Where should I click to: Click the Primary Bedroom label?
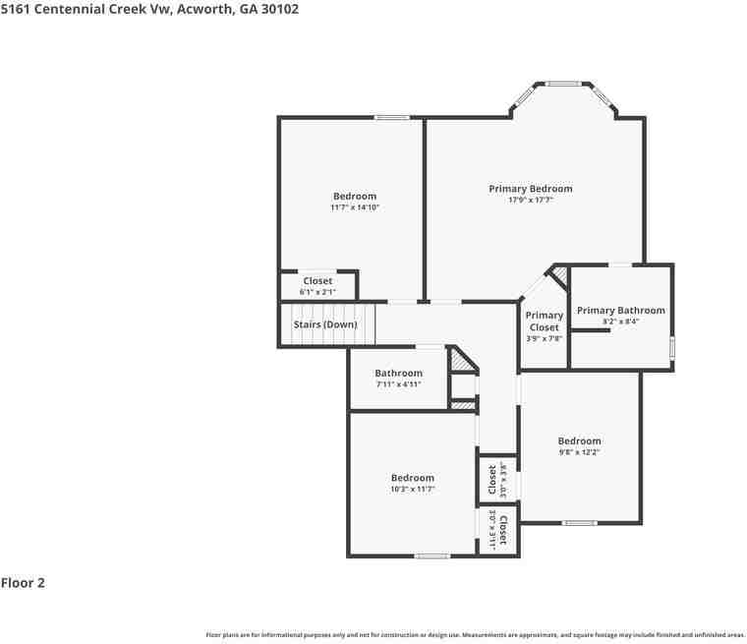pyautogui.click(x=531, y=189)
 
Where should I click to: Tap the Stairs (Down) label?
pyautogui.click(x=325, y=324)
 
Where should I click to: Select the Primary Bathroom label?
pyautogui.click(x=620, y=311)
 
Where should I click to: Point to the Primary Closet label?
pyautogui.click(x=544, y=322)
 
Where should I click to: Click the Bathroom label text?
pyautogui.click(x=398, y=374)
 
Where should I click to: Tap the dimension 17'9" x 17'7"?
pyautogui.click(x=531, y=201)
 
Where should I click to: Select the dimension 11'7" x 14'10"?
pyautogui.click(x=355, y=207)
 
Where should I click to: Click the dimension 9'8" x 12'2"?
pyautogui.click(x=579, y=452)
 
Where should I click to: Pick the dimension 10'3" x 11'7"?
pyautogui.click(x=412, y=489)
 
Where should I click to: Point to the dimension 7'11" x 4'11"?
pyautogui.click(x=398, y=384)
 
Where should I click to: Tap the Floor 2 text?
pyautogui.click(x=23, y=583)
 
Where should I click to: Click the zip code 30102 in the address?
pyautogui.click(x=279, y=9)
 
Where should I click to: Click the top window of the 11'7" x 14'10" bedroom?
pyautogui.click(x=391, y=118)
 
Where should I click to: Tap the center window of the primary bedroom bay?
pyautogui.click(x=563, y=84)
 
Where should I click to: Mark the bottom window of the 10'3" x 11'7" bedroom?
pyautogui.click(x=431, y=556)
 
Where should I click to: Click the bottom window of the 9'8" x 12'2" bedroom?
pyautogui.click(x=579, y=523)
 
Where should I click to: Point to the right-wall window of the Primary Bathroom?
pyautogui.click(x=672, y=347)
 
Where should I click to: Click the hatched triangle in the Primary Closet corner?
pyautogui.click(x=559, y=273)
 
